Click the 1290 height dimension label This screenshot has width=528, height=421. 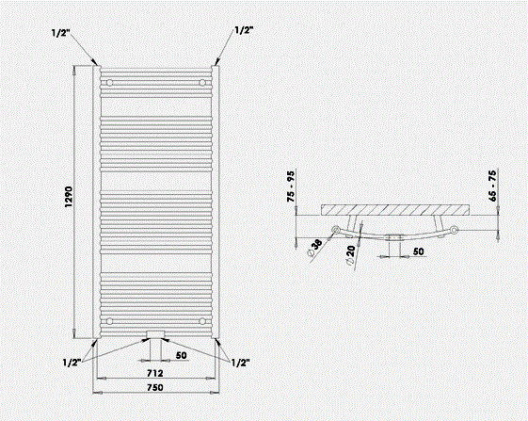pyautogui.click(x=69, y=197)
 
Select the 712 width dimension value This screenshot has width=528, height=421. pyautogui.click(x=155, y=373)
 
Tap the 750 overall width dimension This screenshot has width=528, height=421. pyautogui.click(x=155, y=387)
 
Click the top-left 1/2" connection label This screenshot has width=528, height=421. pyautogui.click(x=61, y=33)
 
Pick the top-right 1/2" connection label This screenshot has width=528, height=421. pyautogui.click(x=244, y=30)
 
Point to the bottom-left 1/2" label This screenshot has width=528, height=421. pyautogui.click(x=72, y=363)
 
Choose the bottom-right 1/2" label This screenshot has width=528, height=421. pyautogui.click(x=240, y=363)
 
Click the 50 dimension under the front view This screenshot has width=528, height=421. pyautogui.click(x=181, y=355)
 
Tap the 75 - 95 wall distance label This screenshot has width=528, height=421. pyautogui.click(x=290, y=186)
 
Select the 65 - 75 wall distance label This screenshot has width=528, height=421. pyautogui.click(x=492, y=186)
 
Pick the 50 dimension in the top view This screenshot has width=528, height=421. pyautogui.click(x=418, y=251)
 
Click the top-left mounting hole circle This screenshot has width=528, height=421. pyautogui.click(x=109, y=83)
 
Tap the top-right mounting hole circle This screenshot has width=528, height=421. pyautogui.click(x=202, y=83)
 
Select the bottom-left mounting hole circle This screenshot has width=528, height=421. pyautogui.click(x=109, y=321)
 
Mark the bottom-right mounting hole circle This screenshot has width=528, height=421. pyautogui.click(x=202, y=321)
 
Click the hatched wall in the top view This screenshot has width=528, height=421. pyautogui.click(x=395, y=210)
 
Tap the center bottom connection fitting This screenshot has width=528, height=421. pyautogui.click(x=155, y=334)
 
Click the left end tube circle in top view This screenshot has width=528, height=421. pyautogui.click(x=336, y=230)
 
